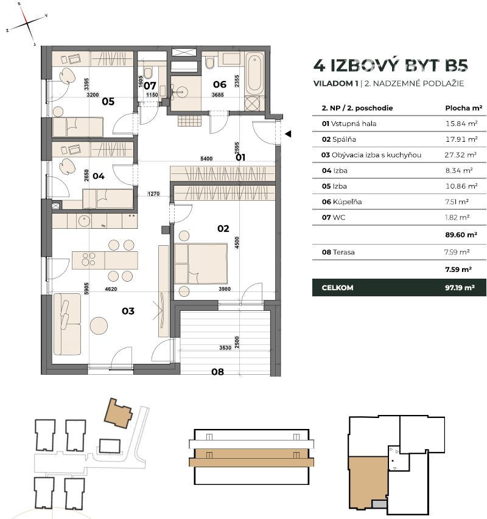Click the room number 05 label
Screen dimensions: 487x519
pyautogui.click(x=108, y=101)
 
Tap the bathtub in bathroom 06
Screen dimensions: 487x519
pyautogui.click(x=254, y=73)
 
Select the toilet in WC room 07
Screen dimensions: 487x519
pyautogui.click(x=148, y=72)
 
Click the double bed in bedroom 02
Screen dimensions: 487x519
pyautogui.click(x=201, y=264)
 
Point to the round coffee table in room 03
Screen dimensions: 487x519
pyautogui.click(x=99, y=326)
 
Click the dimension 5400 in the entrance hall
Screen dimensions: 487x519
pyautogui.click(x=206, y=159)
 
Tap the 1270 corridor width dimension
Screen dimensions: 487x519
pyautogui.click(x=153, y=193)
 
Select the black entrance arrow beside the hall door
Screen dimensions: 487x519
pyautogui.click(x=288, y=134)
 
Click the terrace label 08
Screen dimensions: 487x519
pyautogui.click(x=217, y=372)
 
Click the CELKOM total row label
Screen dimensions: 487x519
pyautogui.click(x=337, y=288)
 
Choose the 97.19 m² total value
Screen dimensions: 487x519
pyautogui.click(x=460, y=288)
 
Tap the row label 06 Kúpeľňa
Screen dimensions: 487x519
pyautogui.click(x=342, y=202)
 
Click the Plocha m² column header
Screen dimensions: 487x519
pyautogui.click(x=463, y=108)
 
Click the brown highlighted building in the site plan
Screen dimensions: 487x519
pyautogui.click(x=118, y=413)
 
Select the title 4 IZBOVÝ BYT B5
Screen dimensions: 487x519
pyautogui.click(x=390, y=65)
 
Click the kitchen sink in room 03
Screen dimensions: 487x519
pyautogui.click(x=84, y=221)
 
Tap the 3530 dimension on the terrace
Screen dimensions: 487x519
pyautogui.click(x=225, y=347)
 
